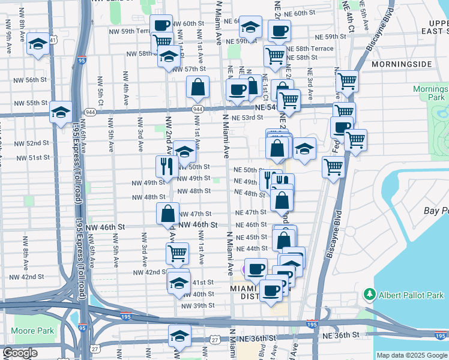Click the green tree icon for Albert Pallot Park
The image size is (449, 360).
click(370, 295)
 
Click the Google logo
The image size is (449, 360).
click(20, 353)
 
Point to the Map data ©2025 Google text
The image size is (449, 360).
click(412, 355)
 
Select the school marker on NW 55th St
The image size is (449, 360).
click(61, 112)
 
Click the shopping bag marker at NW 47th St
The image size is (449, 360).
click(167, 213)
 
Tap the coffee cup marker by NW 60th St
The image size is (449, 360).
click(161, 26)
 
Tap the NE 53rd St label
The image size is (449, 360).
click(247, 118)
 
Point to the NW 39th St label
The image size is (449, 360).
click(200, 305)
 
